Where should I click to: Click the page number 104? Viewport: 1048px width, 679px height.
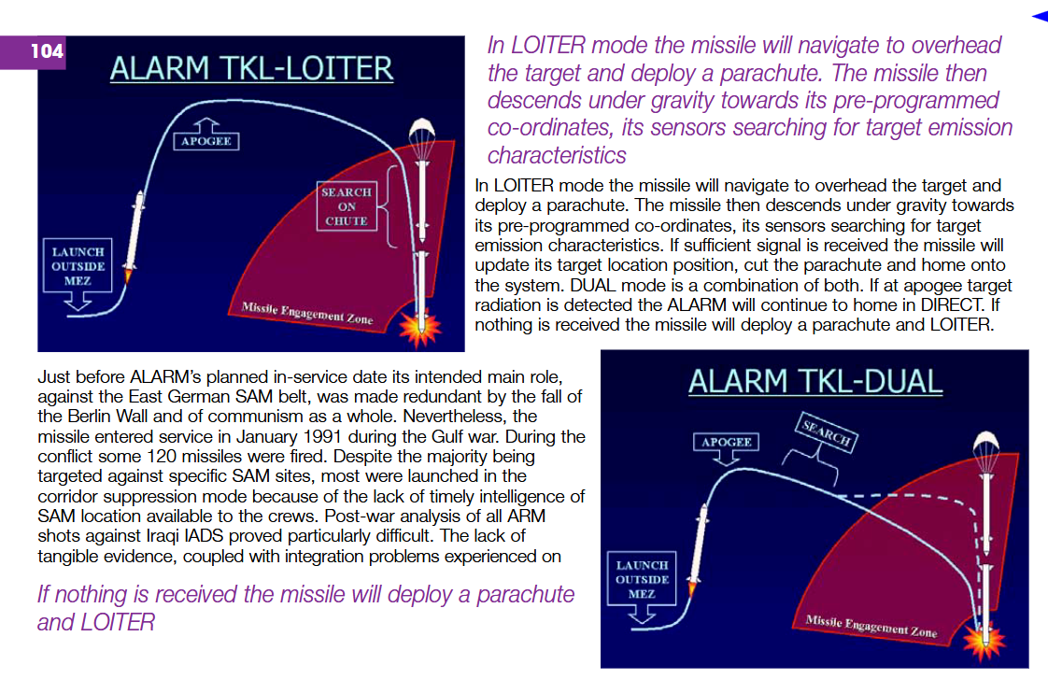point(47,50)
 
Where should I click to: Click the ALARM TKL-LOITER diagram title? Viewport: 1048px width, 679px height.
point(251,69)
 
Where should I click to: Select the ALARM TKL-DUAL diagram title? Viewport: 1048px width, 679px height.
point(815,382)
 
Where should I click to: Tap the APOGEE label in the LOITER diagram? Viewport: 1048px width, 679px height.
point(205,141)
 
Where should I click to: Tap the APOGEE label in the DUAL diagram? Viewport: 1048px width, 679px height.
point(726,442)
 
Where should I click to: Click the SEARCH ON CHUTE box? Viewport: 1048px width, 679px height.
point(347,205)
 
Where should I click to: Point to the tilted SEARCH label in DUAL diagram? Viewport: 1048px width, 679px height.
point(827,432)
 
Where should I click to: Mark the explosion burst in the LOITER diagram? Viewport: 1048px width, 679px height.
point(420,328)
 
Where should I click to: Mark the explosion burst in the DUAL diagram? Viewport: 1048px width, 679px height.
point(984,642)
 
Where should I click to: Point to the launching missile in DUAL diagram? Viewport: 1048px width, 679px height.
point(698,549)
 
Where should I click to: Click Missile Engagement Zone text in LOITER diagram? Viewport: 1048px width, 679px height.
point(307,313)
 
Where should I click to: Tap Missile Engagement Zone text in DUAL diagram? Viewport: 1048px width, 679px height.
point(871,626)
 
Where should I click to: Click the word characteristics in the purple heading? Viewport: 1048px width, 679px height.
point(557,155)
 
